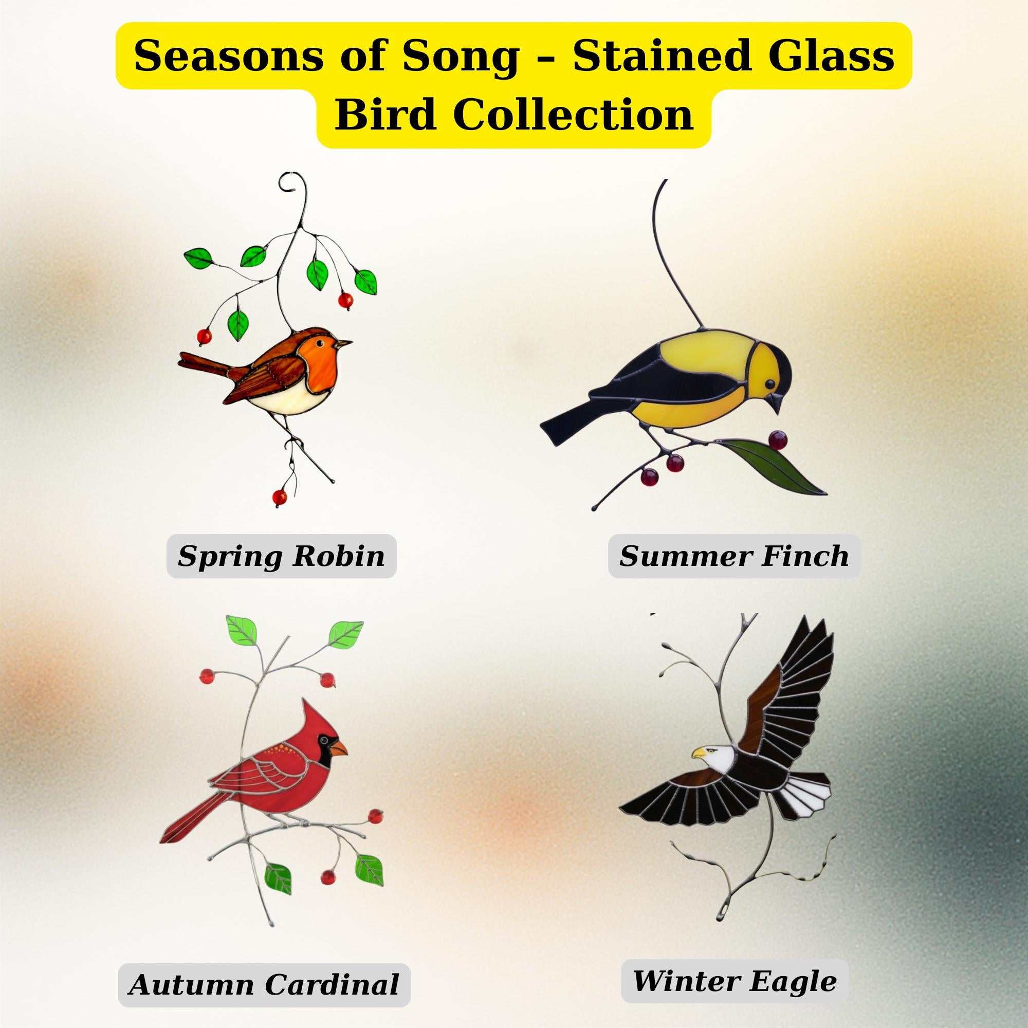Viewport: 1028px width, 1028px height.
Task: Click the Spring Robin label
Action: (281, 557)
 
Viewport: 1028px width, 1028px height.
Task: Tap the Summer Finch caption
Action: (734, 556)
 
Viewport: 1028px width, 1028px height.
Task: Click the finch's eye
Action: (769, 383)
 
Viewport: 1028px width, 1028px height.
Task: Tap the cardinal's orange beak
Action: (338, 749)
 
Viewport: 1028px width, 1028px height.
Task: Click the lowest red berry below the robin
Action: (279, 498)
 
